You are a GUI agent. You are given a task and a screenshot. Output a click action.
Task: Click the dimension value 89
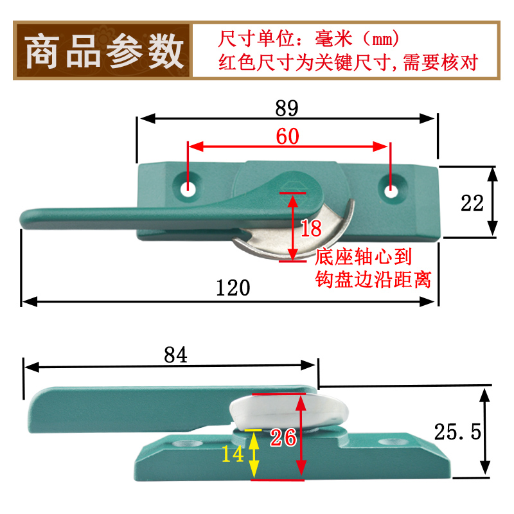click(x=287, y=108)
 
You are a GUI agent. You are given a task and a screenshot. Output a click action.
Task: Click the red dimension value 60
click(x=287, y=136)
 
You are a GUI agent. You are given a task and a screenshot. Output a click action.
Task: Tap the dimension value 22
click(x=473, y=203)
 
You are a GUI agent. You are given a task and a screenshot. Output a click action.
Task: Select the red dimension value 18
click(x=311, y=228)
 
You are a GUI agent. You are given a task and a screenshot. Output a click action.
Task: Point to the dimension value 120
click(x=233, y=288)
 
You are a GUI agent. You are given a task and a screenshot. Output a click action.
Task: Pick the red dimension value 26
click(x=283, y=438)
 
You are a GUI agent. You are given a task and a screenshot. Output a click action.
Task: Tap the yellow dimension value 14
click(x=233, y=454)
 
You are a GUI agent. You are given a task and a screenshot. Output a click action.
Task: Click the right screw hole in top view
click(x=391, y=190)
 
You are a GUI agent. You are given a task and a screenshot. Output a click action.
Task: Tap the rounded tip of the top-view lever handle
click(x=28, y=218)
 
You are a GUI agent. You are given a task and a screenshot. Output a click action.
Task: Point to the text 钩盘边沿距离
click(x=373, y=279)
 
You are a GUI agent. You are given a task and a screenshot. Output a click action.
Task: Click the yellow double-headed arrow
click(x=254, y=454)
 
